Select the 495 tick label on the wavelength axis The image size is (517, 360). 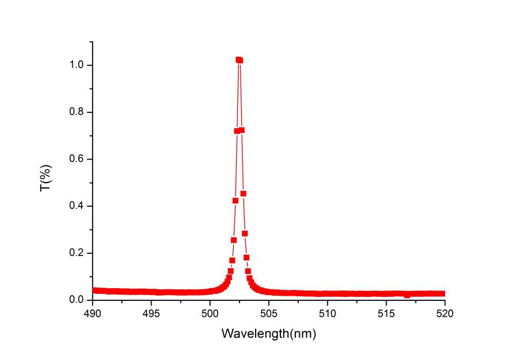point(151,313)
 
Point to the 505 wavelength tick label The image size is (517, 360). point(269,313)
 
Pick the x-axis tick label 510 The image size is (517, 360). point(327,313)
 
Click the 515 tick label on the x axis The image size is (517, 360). point(386,313)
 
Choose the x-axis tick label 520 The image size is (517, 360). point(445,313)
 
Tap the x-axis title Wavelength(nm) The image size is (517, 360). point(269,333)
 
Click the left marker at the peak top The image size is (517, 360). point(238,60)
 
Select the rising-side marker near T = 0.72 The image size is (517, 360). point(237,131)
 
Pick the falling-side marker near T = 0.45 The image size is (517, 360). point(243,193)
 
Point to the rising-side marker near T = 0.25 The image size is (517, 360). point(234,240)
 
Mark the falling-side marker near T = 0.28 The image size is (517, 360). point(245,233)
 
